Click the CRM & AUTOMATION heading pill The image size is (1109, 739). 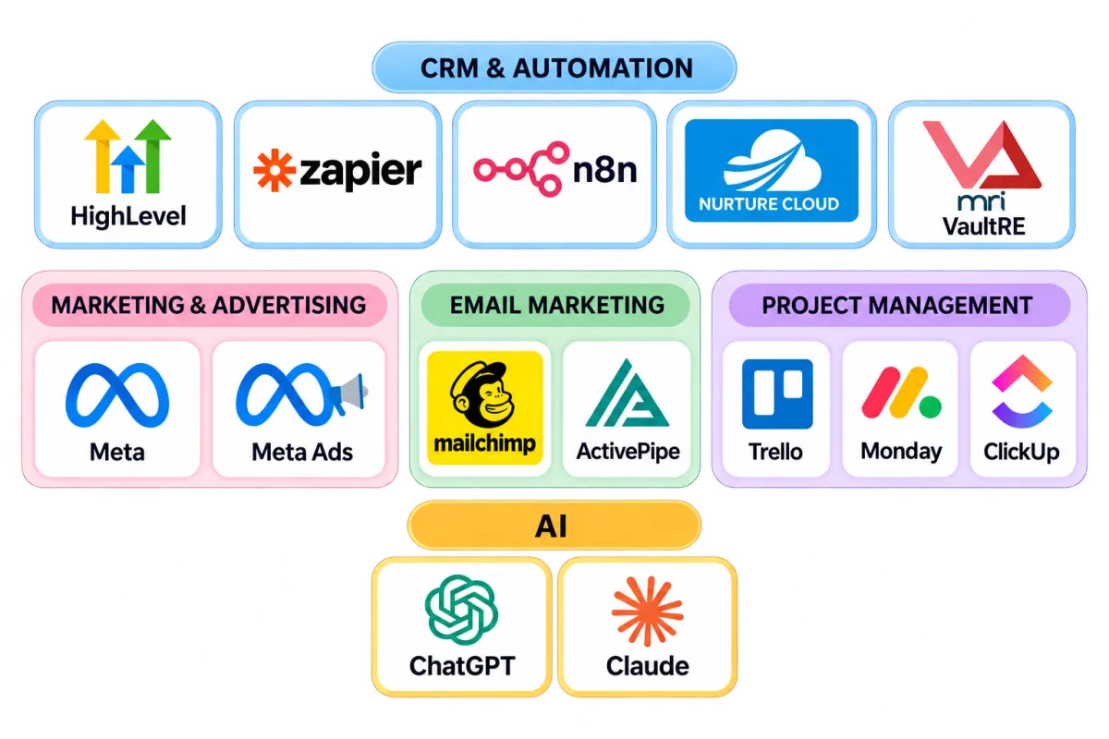[554, 67]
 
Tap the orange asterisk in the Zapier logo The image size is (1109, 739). [274, 170]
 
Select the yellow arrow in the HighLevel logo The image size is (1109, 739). [103, 156]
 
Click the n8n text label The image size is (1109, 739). [604, 170]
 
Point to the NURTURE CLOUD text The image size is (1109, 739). [769, 204]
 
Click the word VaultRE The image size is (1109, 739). [983, 226]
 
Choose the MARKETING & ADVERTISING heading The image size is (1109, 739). [209, 305]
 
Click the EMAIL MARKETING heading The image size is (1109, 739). [557, 305]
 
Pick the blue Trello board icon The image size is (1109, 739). [777, 394]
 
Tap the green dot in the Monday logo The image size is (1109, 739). [931, 406]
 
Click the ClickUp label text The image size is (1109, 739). [1021, 452]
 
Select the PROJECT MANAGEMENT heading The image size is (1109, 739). [897, 305]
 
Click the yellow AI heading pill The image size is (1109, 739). [554, 526]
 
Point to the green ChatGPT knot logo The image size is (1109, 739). [461, 610]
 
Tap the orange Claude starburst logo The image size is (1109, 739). [648, 612]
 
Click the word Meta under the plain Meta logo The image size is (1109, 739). [117, 452]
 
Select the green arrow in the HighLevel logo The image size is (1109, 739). [153, 156]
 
